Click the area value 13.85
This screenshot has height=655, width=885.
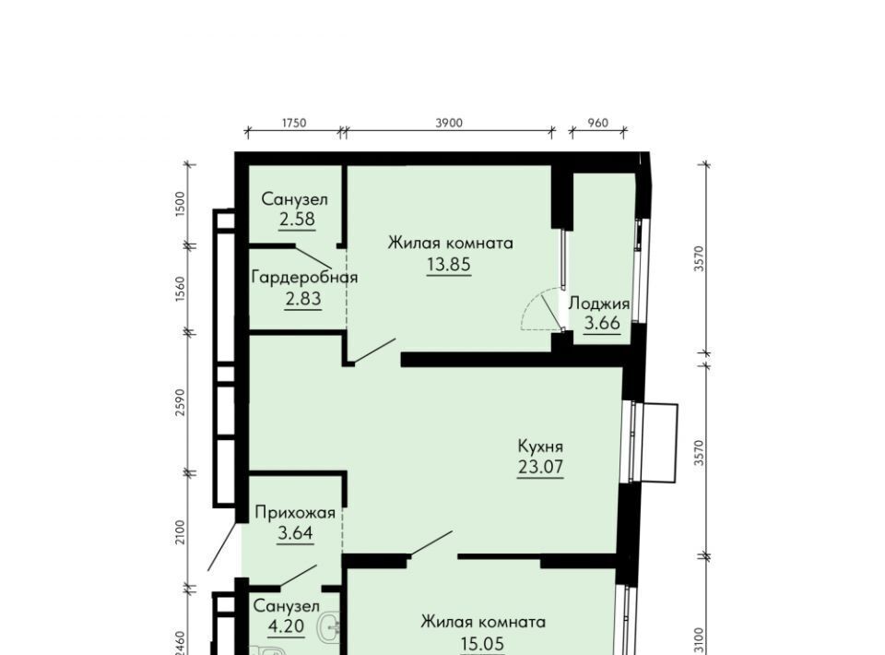[x=449, y=264]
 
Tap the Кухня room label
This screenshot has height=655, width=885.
[x=540, y=447]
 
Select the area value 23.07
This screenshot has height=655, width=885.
[x=540, y=467]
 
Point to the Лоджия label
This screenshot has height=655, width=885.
[x=599, y=304]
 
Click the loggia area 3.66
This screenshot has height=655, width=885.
[x=602, y=323]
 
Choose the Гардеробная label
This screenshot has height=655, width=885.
[x=304, y=278]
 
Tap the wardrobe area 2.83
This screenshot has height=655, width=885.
[x=303, y=298]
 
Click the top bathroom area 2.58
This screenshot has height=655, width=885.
[x=297, y=219]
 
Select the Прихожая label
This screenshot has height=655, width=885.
[x=295, y=513]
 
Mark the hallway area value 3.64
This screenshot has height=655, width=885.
[x=295, y=532]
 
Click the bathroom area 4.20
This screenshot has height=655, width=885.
[x=286, y=626]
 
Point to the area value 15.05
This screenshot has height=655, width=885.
[x=482, y=643]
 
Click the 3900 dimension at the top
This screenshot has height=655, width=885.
[x=449, y=123]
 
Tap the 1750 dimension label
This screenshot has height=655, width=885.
[x=293, y=123]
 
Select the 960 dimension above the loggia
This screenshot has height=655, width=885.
[x=598, y=123]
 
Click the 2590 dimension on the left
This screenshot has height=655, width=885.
[x=180, y=402]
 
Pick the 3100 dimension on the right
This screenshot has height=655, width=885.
[x=700, y=639]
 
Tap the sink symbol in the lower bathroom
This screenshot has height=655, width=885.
[x=331, y=627]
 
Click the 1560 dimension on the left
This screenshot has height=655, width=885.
[x=180, y=289]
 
